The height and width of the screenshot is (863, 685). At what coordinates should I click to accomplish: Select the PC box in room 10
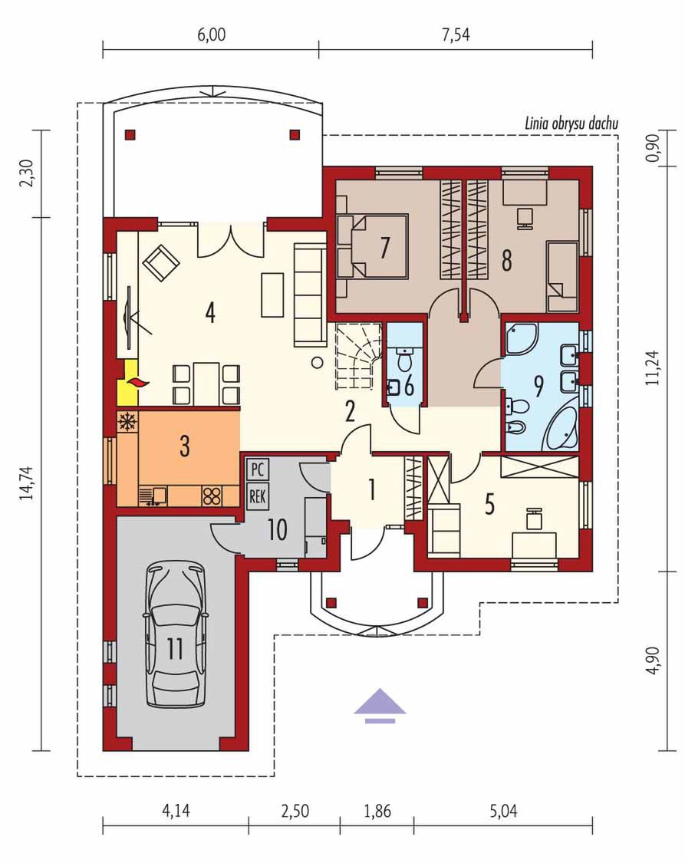pos(257,469)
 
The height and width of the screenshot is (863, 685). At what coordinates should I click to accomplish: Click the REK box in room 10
pos(257,496)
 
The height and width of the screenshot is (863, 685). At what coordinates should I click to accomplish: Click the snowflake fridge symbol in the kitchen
pos(127,422)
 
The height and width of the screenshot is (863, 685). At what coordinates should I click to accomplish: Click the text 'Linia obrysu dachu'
pos(571,123)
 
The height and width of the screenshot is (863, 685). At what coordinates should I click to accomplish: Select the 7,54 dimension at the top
pos(456,35)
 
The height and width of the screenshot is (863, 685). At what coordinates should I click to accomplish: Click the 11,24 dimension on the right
pos(654,367)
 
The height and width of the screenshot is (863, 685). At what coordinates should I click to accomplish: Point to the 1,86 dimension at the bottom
pos(377,811)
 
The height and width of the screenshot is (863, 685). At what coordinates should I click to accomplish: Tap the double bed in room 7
pos(373,246)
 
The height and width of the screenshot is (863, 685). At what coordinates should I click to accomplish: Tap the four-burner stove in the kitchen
pos(212,496)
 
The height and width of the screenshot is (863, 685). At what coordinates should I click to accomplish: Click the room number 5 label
pos(489,504)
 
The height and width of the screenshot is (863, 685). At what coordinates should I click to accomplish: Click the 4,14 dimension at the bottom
pos(176,811)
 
